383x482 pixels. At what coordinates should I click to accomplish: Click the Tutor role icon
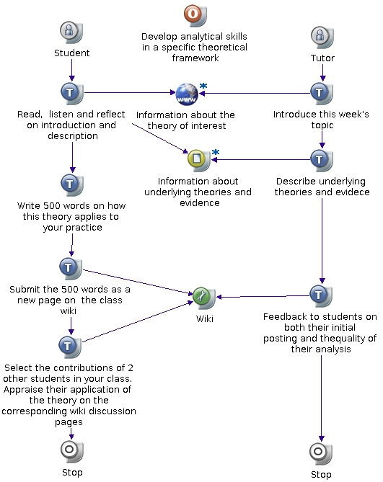point(322,37)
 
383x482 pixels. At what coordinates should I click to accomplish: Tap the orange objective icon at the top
point(195,15)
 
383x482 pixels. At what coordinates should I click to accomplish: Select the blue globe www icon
point(187,94)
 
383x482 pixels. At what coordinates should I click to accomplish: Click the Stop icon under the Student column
point(71,452)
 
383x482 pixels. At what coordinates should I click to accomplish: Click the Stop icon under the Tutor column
point(320,453)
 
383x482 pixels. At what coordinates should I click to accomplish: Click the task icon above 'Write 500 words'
point(71,184)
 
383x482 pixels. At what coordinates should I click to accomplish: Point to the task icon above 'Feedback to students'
point(320,295)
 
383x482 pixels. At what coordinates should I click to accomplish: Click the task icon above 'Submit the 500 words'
point(71,269)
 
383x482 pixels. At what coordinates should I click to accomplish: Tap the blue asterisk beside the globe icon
point(203,86)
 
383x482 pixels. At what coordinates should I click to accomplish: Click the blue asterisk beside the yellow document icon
point(216,152)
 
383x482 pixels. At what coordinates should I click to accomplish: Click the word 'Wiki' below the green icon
point(205,318)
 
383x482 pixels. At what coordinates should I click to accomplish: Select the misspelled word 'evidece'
point(351,192)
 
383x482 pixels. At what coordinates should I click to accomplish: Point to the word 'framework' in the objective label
point(195,58)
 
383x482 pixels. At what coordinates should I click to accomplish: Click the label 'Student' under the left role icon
point(71,53)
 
